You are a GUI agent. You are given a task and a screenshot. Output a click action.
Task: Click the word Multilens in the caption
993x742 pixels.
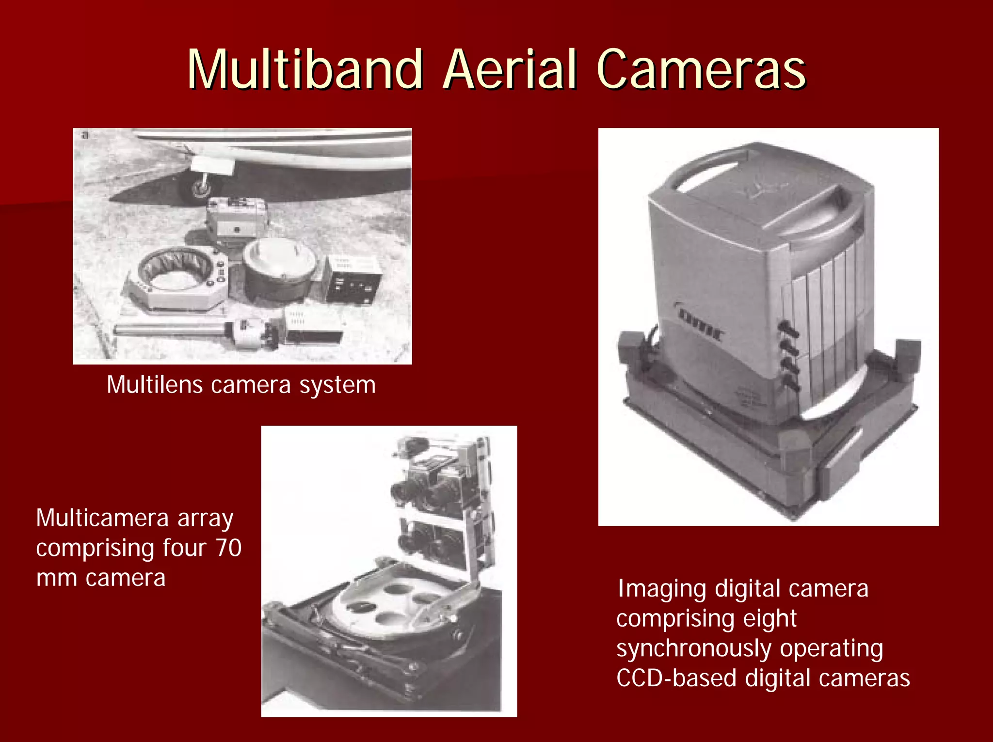[155, 385]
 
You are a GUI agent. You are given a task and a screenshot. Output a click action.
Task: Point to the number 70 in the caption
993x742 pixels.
[228, 548]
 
